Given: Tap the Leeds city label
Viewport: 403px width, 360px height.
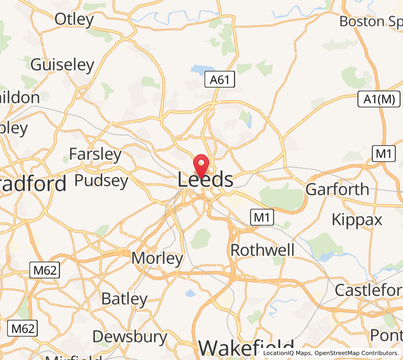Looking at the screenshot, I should point(205,179).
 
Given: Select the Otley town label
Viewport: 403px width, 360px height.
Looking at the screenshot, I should point(74,19).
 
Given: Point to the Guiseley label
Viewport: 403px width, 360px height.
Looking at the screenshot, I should point(62,65).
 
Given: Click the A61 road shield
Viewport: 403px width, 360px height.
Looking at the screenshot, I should point(219,79).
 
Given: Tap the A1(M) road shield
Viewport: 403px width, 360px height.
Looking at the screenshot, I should point(380,99).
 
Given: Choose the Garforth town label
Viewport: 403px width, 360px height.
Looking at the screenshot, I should point(337,190).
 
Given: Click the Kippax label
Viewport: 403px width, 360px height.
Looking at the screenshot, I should point(357,220).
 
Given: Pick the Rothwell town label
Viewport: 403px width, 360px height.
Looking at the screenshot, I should point(262,250).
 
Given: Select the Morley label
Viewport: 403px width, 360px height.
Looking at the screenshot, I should point(157,259).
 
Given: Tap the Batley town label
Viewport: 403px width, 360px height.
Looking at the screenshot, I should point(124,299).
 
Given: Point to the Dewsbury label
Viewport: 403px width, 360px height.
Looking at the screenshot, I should point(130,337).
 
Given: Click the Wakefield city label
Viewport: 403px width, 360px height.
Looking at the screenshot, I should point(246,348).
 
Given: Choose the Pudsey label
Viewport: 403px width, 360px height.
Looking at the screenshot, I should point(101,181).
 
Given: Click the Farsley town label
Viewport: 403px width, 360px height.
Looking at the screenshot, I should point(95,154).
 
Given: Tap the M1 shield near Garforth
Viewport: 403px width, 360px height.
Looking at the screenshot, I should point(383,154).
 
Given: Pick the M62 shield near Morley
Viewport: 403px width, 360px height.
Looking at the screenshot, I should point(45,270).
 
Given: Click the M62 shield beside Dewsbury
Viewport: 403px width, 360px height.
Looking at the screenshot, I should point(23,328).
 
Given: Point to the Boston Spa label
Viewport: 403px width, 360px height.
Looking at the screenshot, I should point(370,22).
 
